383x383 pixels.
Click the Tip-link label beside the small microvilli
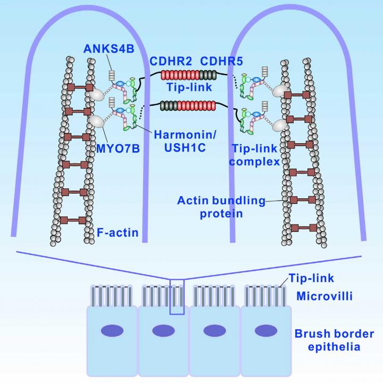(311, 278)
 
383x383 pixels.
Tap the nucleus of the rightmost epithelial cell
(266, 331)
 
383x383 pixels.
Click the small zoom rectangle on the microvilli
(177, 296)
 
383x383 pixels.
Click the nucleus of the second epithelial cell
(163, 331)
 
